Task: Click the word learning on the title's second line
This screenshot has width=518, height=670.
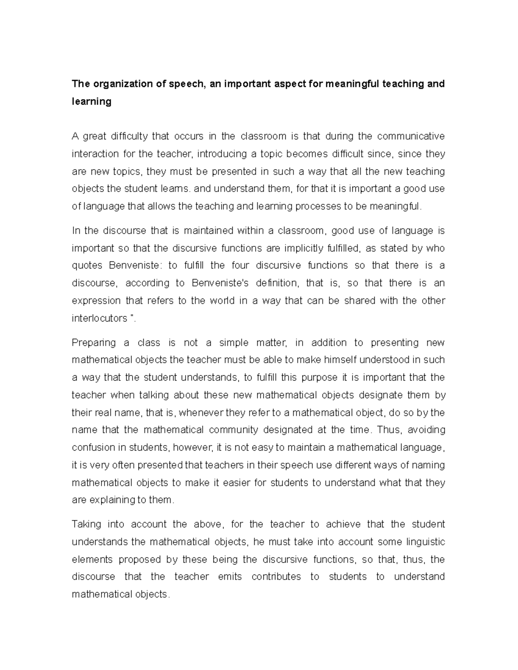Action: [x=92, y=102]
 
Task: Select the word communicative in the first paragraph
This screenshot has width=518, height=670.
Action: [x=411, y=137]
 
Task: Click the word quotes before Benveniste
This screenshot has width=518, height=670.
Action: [x=88, y=266]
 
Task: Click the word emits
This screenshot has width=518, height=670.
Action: [x=230, y=577]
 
